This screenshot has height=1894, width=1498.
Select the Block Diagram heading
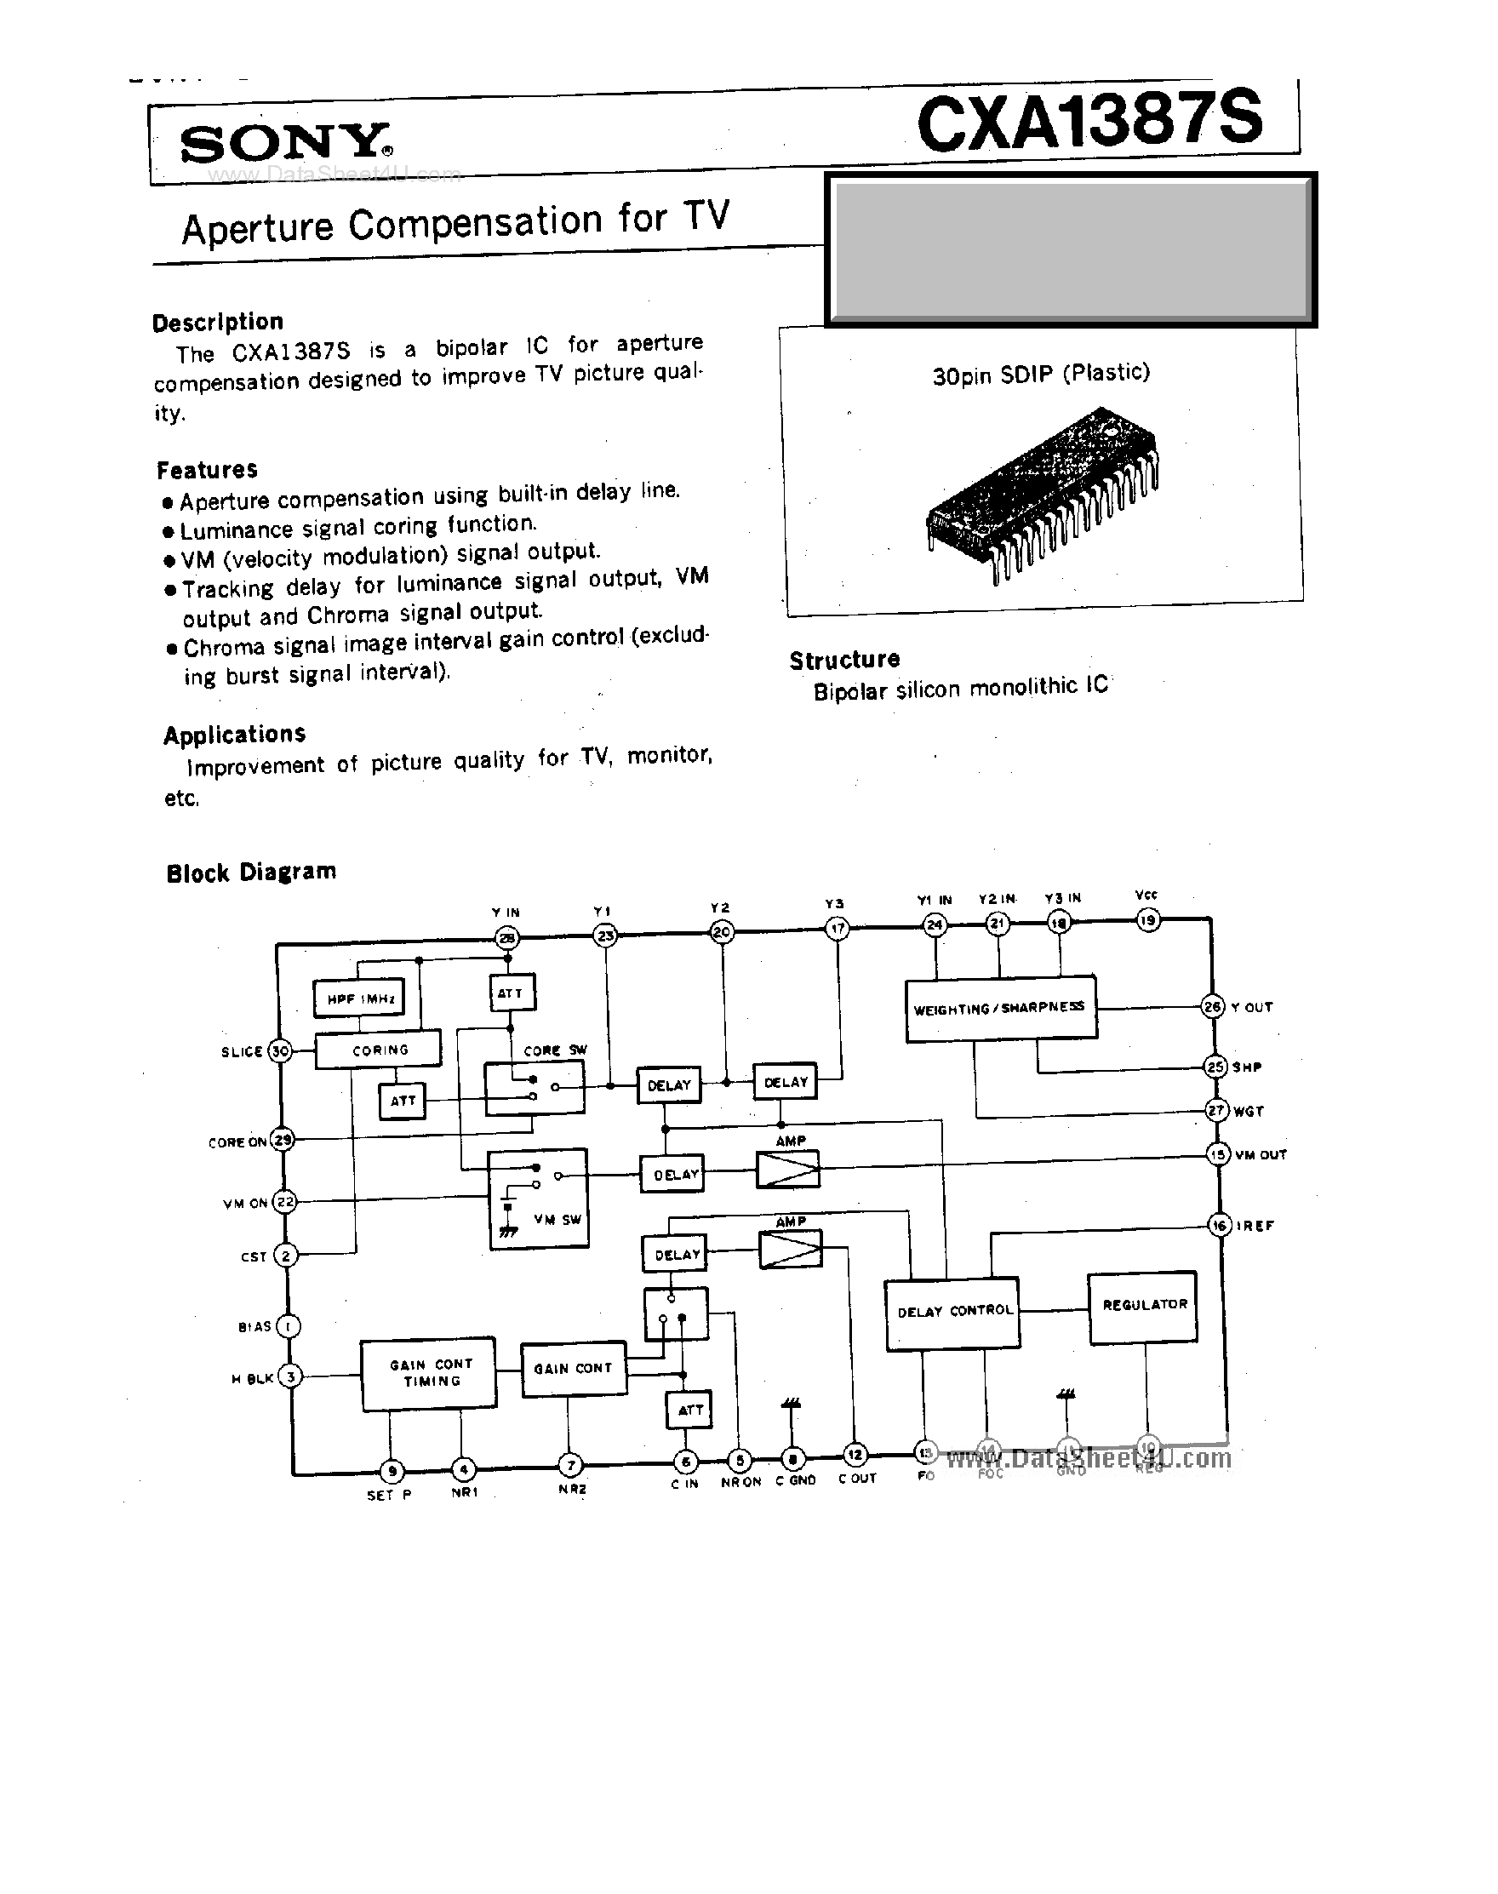click(251, 872)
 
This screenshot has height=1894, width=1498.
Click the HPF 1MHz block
click(358, 998)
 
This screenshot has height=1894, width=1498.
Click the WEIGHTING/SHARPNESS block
click(1000, 1009)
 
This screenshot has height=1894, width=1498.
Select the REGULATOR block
click(1144, 1305)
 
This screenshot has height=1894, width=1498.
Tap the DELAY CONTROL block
click(953, 1313)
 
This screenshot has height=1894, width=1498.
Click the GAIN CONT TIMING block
click(429, 1373)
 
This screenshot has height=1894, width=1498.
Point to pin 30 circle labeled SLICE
click(280, 1050)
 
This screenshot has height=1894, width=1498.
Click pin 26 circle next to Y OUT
click(1212, 1007)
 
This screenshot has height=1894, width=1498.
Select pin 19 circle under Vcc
click(1148, 919)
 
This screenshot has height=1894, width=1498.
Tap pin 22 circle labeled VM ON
click(284, 1202)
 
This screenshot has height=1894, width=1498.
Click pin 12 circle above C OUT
click(855, 1455)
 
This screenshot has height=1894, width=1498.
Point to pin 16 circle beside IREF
click(1219, 1225)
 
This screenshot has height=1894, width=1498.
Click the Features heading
click(207, 470)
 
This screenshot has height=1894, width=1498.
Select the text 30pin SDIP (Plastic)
click(1040, 375)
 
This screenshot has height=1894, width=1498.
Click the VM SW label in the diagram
click(557, 1219)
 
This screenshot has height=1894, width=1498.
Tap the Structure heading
click(843, 660)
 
